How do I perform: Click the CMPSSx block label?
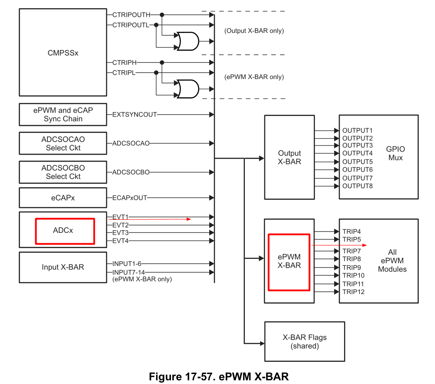(x=63, y=53)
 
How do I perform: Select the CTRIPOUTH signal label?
(x=131, y=15)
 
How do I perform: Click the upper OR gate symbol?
(x=186, y=41)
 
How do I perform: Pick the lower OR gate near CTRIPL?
(x=186, y=89)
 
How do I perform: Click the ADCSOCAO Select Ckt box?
(x=63, y=143)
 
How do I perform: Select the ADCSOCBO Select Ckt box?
(x=63, y=172)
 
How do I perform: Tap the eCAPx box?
(x=63, y=198)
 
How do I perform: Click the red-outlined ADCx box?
(x=65, y=231)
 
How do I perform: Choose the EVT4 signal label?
(x=120, y=241)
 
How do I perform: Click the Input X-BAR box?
(x=63, y=267)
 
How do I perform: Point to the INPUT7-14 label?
(x=129, y=272)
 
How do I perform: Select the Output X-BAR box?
(x=289, y=157)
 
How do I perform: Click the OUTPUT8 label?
(x=357, y=186)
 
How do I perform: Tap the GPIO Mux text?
(x=395, y=153)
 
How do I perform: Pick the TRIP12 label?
(x=353, y=291)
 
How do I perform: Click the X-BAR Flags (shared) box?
(x=304, y=341)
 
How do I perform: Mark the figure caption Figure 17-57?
(x=218, y=376)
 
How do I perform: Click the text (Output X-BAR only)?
(x=254, y=31)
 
